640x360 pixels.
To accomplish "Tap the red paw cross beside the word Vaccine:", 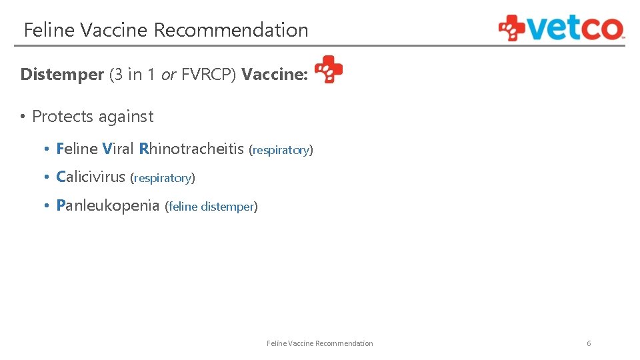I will (x=329, y=69).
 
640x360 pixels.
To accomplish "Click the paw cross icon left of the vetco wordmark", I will (x=512, y=28).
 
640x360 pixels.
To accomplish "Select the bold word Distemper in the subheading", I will (x=62, y=75).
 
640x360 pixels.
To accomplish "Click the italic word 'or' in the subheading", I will (x=169, y=75).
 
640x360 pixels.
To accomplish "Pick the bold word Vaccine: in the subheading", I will (x=275, y=75).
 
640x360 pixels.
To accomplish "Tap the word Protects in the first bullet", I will (x=63, y=117).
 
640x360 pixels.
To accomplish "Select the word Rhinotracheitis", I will (x=191, y=149).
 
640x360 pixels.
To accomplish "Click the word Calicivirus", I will (x=91, y=177).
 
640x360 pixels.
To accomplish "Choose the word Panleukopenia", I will (x=108, y=205).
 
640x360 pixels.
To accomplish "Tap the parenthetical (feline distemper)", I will (x=211, y=207).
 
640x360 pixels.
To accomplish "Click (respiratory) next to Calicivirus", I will (x=163, y=178).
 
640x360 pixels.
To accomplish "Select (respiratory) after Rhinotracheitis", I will (x=281, y=150).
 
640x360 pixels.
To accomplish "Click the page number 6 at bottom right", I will (x=589, y=343).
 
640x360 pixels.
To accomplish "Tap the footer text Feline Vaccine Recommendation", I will (x=319, y=343).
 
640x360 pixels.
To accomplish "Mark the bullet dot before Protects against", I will (x=22, y=117).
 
